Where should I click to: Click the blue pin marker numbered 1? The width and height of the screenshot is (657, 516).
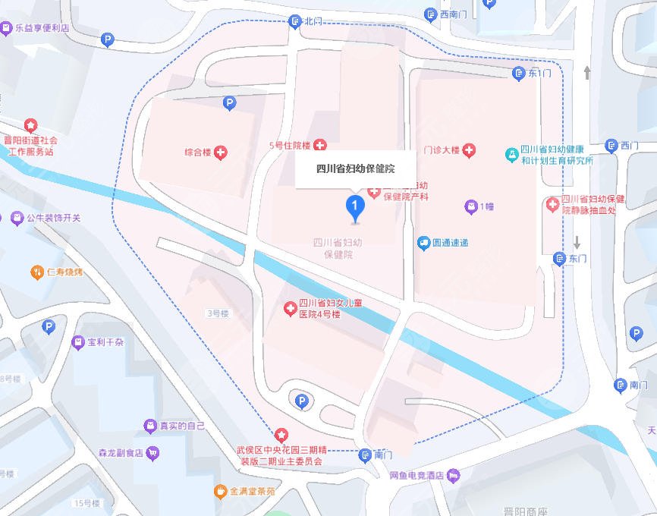(x=354, y=206)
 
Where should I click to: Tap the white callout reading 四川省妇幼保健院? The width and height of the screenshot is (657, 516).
(x=355, y=168)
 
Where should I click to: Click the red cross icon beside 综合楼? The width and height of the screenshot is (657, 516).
(x=222, y=153)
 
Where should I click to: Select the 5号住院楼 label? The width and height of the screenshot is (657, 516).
(x=290, y=144)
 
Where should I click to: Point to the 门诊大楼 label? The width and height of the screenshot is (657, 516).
(x=442, y=150)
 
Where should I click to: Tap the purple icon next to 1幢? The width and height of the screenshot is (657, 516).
(x=470, y=206)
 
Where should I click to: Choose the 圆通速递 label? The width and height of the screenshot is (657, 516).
(x=450, y=243)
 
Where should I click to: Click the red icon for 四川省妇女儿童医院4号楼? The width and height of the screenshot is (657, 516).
(x=290, y=308)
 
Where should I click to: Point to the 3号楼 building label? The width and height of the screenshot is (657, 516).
(x=218, y=313)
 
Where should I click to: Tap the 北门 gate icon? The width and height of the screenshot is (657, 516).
(x=295, y=22)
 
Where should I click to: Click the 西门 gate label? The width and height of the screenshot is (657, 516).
(x=630, y=145)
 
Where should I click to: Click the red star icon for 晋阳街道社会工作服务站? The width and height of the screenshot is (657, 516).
(x=30, y=125)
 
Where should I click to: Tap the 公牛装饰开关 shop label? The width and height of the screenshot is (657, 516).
(x=53, y=219)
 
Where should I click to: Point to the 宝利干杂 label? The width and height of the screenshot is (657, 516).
(x=105, y=342)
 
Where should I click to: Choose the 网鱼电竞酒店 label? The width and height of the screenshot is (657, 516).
(x=417, y=476)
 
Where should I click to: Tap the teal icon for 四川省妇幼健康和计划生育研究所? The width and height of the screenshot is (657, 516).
(x=513, y=155)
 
